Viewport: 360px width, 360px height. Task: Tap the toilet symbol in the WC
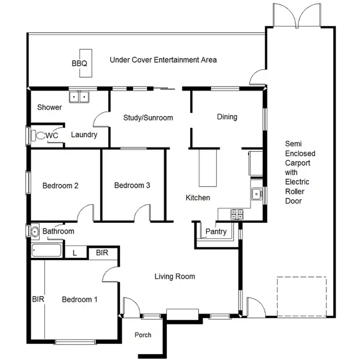(x=39, y=136)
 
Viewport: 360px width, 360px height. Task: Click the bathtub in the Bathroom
(x=47, y=251)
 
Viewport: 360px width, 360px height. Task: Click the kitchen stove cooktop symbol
(x=237, y=214)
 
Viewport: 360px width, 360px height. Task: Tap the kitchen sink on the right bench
(x=256, y=194)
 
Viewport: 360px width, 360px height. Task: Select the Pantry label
(x=216, y=232)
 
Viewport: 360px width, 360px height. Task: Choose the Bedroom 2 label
(x=60, y=186)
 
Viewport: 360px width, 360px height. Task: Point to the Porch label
(x=143, y=335)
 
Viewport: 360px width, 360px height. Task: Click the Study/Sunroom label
(x=148, y=118)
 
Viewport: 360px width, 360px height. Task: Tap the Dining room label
(x=227, y=117)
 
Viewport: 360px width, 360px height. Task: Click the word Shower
(x=49, y=108)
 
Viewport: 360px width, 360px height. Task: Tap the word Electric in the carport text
(x=297, y=182)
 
